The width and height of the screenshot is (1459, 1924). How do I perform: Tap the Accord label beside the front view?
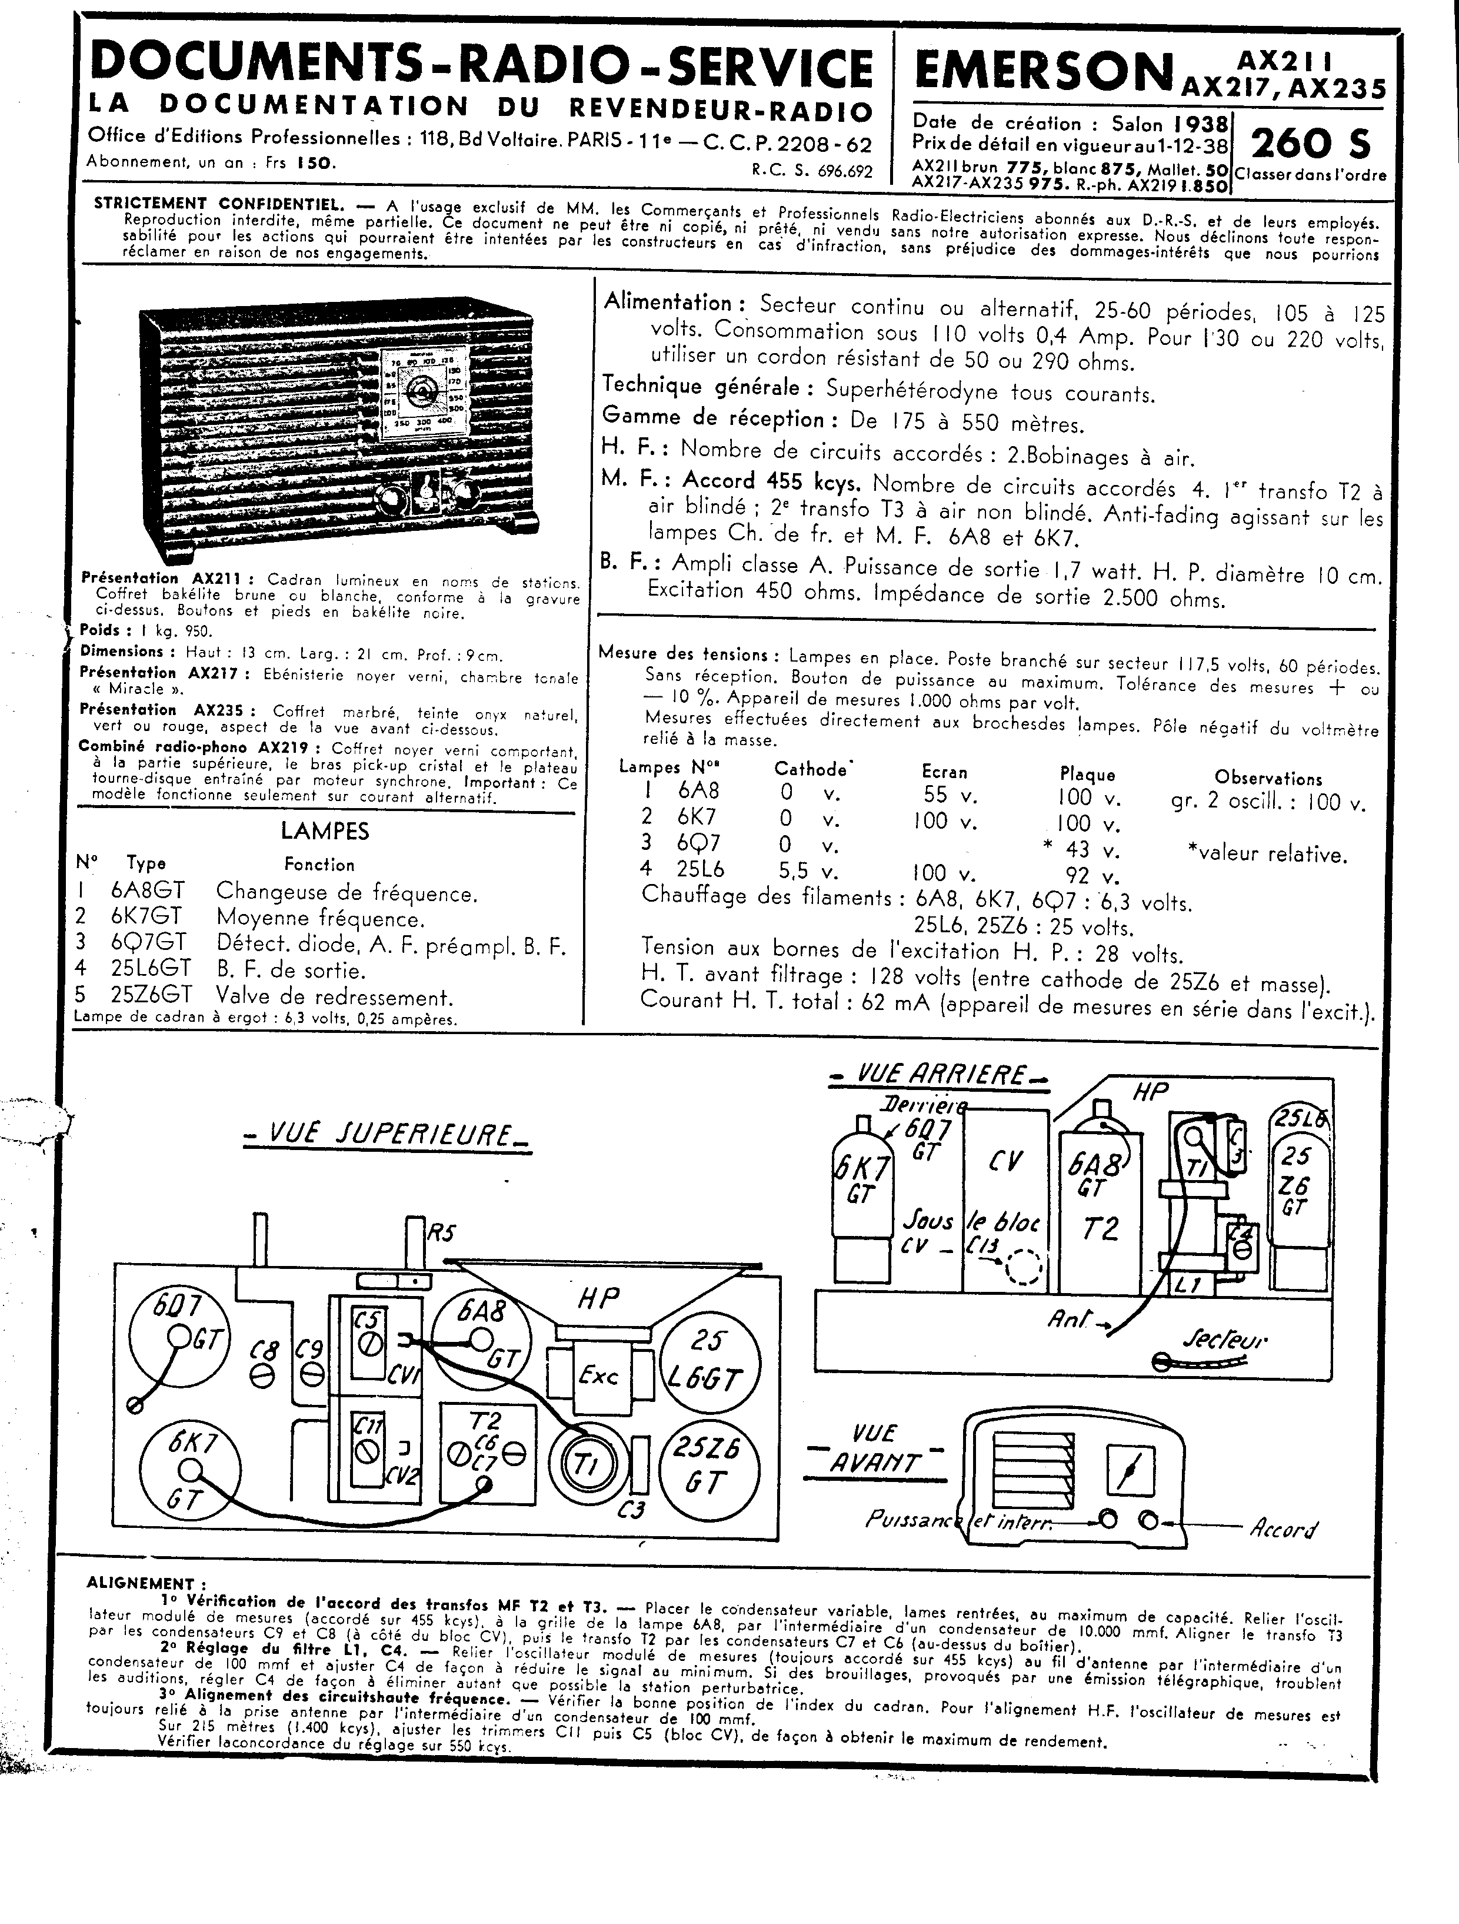1283,1528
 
